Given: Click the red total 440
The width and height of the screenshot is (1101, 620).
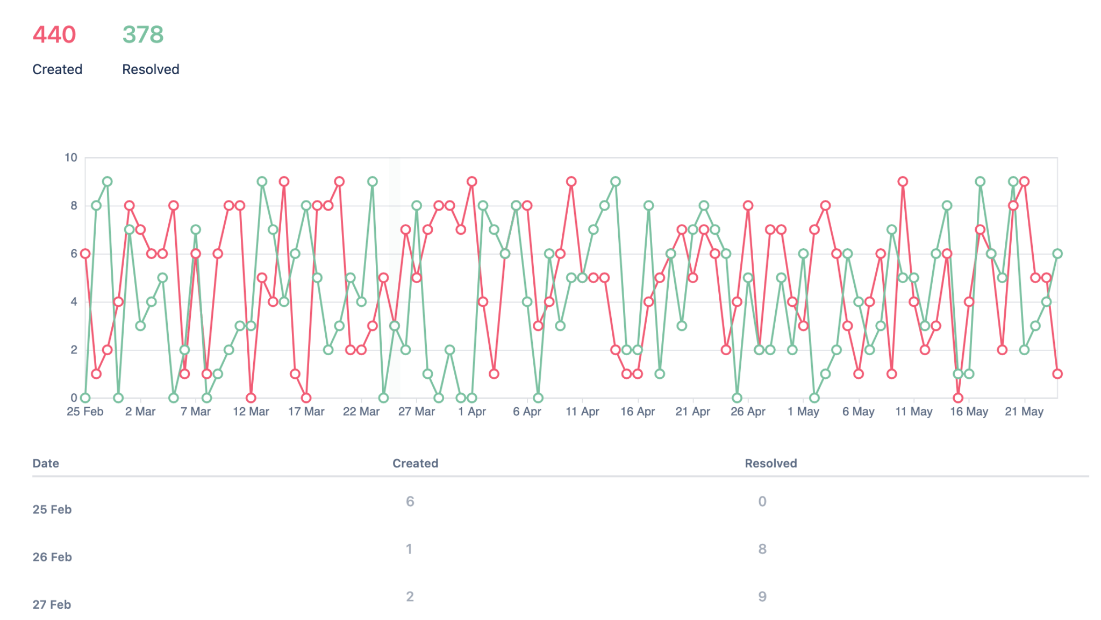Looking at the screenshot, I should point(54,35).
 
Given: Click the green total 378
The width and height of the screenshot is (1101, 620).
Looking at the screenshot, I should point(142,35).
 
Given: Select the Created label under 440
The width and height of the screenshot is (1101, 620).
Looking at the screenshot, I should point(57,69).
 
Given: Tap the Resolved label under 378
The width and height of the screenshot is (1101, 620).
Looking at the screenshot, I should point(151,69).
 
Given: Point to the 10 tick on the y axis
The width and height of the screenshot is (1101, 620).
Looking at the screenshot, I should point(71,157).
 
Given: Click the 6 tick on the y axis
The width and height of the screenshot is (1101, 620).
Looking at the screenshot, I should point(74,254).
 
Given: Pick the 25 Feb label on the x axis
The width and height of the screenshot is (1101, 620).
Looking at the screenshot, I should point(85,412).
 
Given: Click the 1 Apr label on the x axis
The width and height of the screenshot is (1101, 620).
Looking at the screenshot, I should point(471,412).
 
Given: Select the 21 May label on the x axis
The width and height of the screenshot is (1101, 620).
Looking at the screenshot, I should point(1024,412).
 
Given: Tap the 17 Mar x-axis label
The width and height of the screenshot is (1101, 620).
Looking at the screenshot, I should point(306,412).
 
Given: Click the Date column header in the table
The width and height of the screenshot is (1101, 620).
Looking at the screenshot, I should point(46,463).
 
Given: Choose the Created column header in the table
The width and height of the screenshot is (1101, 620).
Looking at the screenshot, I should point(415,463).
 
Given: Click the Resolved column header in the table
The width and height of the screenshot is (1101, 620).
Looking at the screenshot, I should point(770,463).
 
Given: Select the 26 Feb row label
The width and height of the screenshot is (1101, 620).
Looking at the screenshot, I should point(52,557).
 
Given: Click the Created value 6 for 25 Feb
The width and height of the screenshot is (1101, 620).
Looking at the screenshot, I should point(410,501).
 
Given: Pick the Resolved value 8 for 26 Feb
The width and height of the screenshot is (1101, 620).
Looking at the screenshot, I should point(762,549).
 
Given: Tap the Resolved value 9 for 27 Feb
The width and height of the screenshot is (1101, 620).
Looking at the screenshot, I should point(762,596).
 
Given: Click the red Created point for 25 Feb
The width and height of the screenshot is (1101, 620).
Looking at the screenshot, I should point(85,254).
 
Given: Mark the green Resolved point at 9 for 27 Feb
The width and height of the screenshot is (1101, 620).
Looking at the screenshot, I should point(108,182).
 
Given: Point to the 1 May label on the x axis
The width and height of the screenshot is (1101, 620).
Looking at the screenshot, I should point(803,412).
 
